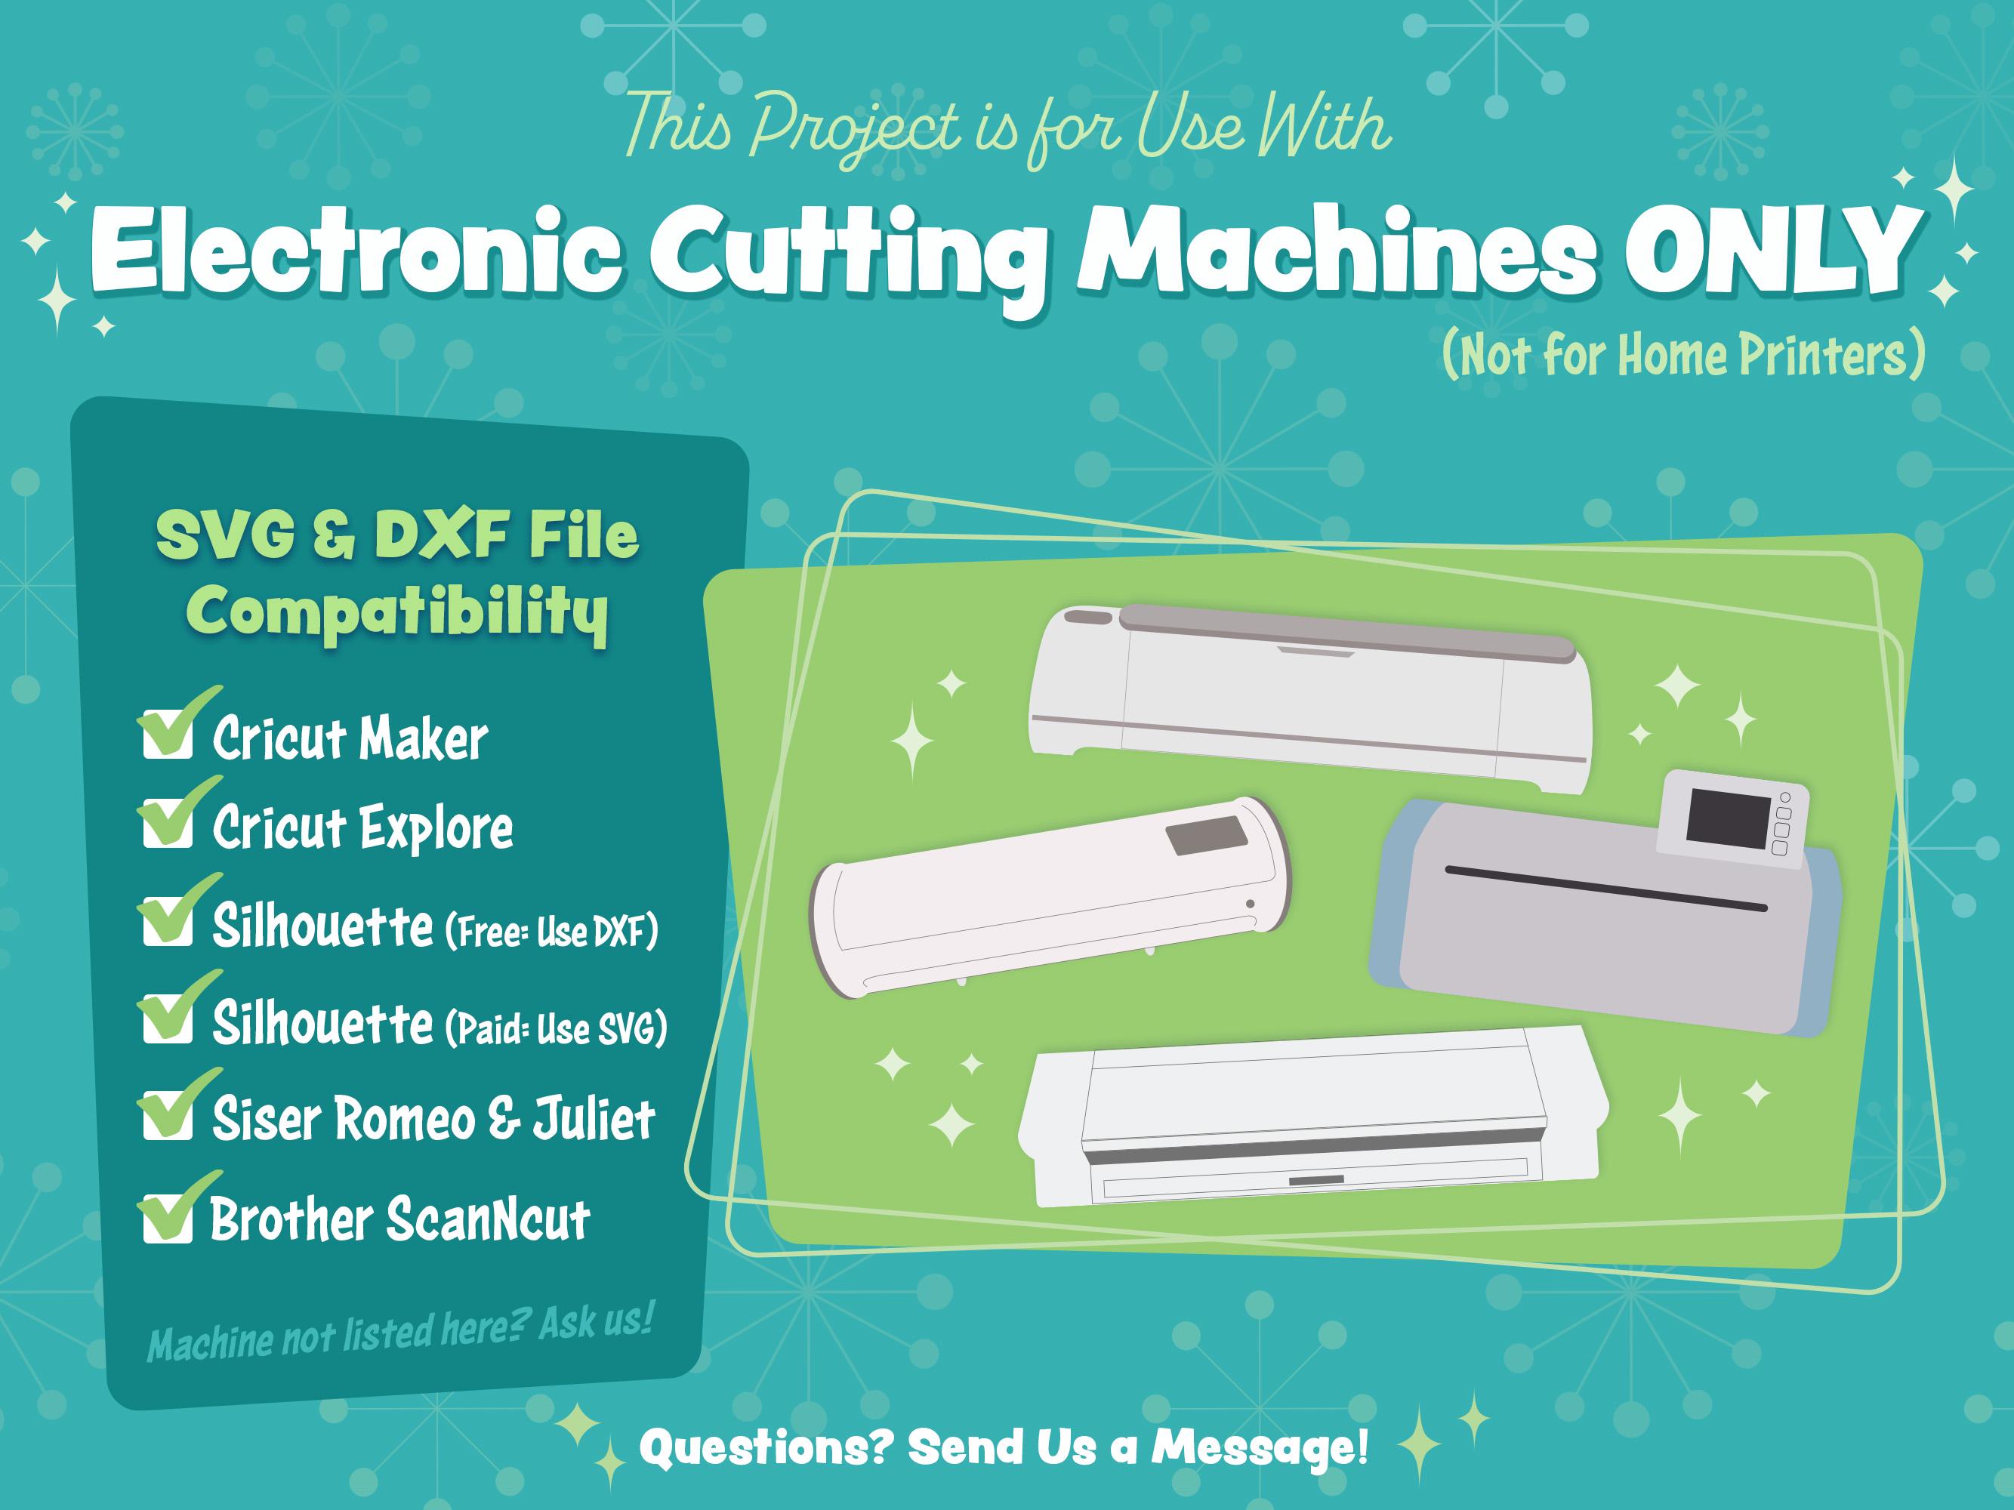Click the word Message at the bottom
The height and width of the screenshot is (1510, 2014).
[x=1259, y=1447]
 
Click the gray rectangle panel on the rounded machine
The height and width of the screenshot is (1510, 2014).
[x=1205, y=836]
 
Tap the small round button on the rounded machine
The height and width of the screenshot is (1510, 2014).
[x=1250, y=904]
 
